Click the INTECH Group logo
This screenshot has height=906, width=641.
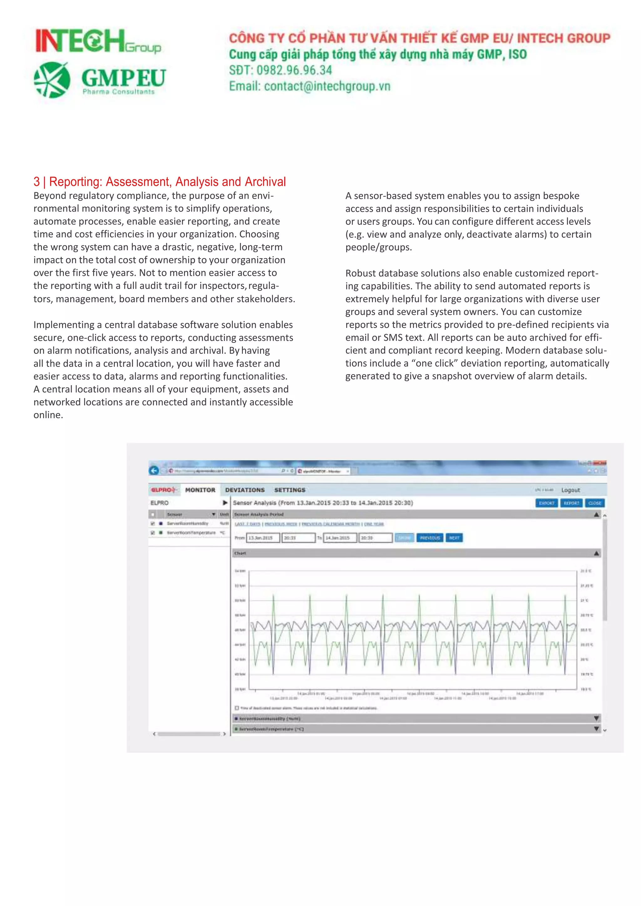point(98,41)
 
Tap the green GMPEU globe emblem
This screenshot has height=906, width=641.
point(52,80)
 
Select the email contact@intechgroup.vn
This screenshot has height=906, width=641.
point(327,86)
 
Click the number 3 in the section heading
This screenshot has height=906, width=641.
point(37,181)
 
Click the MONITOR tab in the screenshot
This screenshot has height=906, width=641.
point(200,490)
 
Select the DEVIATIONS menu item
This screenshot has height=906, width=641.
point(245,490)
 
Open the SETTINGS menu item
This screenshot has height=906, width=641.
point(290,490)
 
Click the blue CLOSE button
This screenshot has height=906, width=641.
point(594,503)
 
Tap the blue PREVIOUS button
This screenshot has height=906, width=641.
point(429,538)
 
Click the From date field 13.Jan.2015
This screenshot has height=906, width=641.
point(263,538)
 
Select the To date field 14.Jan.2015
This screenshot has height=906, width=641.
point(340,538)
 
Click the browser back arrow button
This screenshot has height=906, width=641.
point(154,470)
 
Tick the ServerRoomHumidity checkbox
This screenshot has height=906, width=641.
point(153,524)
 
